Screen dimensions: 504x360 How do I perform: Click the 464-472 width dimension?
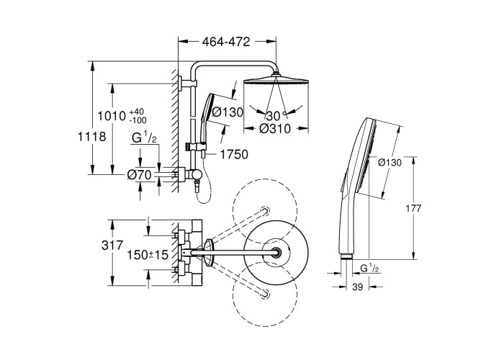[226, 42]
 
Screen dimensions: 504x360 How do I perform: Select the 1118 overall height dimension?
[92, 137]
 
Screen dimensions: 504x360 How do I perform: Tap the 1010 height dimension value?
[111, 116]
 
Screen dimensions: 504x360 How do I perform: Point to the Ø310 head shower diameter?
[275, 129]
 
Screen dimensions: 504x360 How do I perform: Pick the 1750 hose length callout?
[234, 155]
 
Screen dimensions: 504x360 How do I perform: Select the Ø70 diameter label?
[139, 175]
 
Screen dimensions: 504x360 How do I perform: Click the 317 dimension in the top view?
[112, 246]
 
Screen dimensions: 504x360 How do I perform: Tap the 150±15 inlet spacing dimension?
[148, 255]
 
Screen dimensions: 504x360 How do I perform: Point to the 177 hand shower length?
[413, 208]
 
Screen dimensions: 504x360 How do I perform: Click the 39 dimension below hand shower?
[357, 287]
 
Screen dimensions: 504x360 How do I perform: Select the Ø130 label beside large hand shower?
[390, 163]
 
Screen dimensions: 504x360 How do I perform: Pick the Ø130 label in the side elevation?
[228, 112]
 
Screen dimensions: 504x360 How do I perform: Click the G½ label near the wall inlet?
[144, 138]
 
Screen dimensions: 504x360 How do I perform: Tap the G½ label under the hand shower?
[370, 268]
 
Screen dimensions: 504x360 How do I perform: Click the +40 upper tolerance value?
[136, 112]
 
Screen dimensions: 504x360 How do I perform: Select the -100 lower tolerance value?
[138, 120]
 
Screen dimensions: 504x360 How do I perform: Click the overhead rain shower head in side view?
[276, 81]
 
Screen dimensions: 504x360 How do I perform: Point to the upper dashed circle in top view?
[265, 211]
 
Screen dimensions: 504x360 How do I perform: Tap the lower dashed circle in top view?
[265, 292]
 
